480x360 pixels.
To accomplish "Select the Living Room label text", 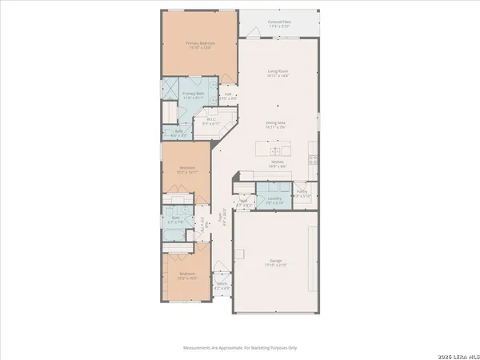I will tap(277, 72).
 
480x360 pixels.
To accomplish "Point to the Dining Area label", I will tap(276, 123).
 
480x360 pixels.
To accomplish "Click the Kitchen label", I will tap(277, 162).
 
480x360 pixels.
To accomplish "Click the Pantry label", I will tap(302, 192).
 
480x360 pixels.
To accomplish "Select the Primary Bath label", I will tap(194, 94).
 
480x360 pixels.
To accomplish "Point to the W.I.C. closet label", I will tap(210, 122).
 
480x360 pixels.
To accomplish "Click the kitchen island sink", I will tap(277, 150).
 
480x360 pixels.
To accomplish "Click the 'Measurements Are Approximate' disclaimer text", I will tap(240, 348).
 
